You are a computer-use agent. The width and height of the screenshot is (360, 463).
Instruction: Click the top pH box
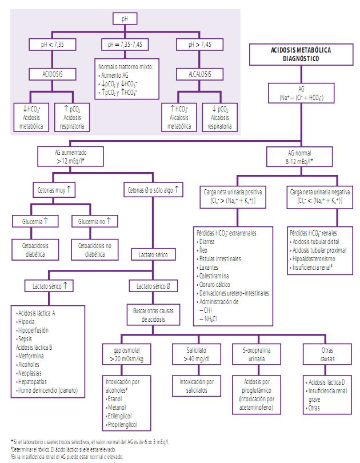pos(126,19)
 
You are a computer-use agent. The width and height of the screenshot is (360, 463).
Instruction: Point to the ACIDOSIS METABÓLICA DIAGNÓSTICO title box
pos(300,55)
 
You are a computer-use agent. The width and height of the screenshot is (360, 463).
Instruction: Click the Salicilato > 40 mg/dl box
pos(194,354)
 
